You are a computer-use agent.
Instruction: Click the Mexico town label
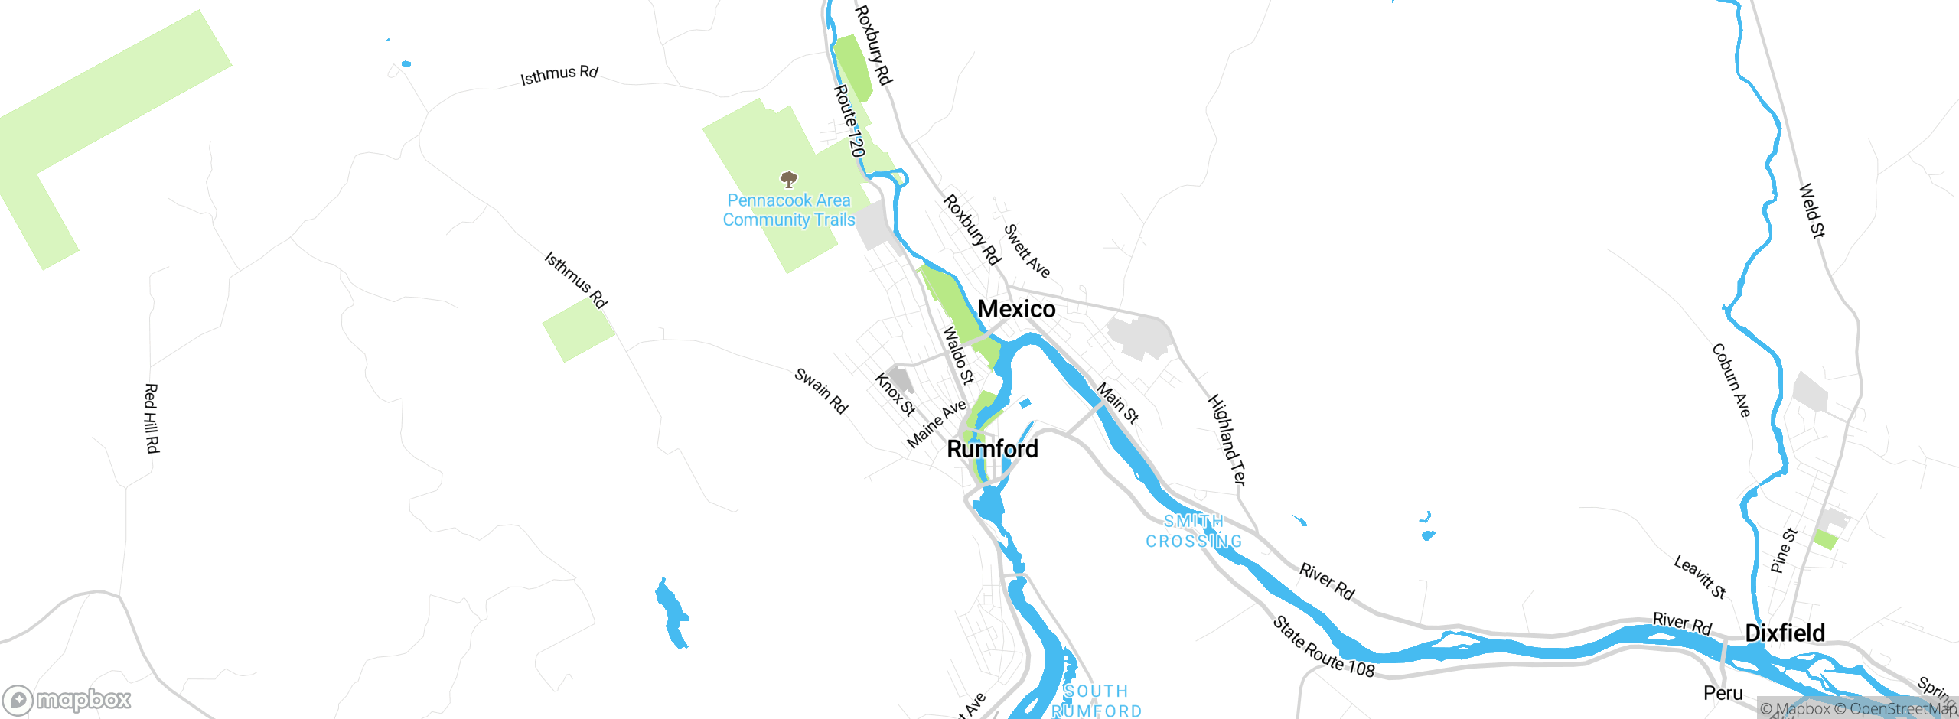click(x=1016, y=309)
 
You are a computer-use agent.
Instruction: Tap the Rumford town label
click(x=993, y=449)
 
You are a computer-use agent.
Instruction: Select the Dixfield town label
click(x=1785, y=633)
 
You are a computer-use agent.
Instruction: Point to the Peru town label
click(x=1723, y=694)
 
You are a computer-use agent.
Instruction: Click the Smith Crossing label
click(x=1194, y=532)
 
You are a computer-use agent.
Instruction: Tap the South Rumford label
click(x=1097, y=701)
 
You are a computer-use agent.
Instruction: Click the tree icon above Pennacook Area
click(x=788, y=180)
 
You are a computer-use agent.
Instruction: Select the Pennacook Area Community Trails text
click(x=789, y=210)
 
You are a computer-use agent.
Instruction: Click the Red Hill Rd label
click(x=152, y=418)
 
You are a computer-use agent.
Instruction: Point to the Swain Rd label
click(x=821, y=391)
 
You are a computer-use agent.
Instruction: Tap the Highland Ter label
click(x=1227, y=440)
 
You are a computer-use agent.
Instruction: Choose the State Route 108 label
click(x=1323, y=647)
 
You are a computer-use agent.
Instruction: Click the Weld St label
click(x=1811, y=210)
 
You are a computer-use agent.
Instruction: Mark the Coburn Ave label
click(x=1731, y=380)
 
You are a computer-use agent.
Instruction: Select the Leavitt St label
click(x=1700, y=577)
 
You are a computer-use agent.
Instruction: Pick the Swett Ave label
click(x=1026, y=251)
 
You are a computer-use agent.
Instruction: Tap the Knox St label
click(x=895, y=394)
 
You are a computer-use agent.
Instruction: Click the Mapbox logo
click(x=67, y=700)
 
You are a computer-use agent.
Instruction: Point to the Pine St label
click(x=1783, y=551)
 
